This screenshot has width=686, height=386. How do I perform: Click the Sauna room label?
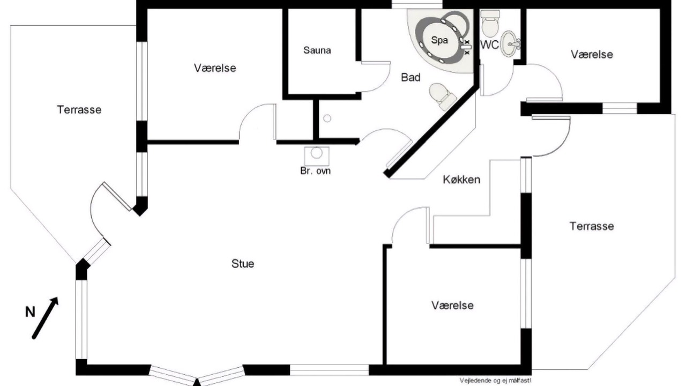tap(317, 50)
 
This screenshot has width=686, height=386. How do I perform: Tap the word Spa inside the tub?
tap(439, 40)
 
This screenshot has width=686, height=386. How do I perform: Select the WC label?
tap(489, 44)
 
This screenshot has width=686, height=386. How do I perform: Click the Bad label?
tap(411, 78)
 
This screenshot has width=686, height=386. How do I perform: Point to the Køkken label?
tap(461, 180)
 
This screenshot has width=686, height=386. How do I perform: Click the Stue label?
tap(243, 264)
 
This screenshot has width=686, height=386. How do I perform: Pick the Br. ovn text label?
tap(316, 171)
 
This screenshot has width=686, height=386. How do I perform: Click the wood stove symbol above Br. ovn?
tap(317, 156)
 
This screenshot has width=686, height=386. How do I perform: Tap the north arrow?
tap(46, 318)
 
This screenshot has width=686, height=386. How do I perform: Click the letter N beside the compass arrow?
tap(30, 312)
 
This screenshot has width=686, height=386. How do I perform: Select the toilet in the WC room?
tap(490, 23)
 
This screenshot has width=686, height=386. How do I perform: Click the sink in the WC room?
tap(510, 44)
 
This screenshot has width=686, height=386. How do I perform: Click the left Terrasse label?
tap(79, 110)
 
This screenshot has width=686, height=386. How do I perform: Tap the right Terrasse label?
tap(592, 226)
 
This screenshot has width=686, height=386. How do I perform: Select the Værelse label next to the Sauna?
tap(215, 68)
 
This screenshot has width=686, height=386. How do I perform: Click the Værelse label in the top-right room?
tap(592, 55)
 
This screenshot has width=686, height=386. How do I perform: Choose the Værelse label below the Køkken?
tap(452, 306)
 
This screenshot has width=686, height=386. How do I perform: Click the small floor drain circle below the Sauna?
tap(327, 118)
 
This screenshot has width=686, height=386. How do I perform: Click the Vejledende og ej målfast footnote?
tap(496, 381)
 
